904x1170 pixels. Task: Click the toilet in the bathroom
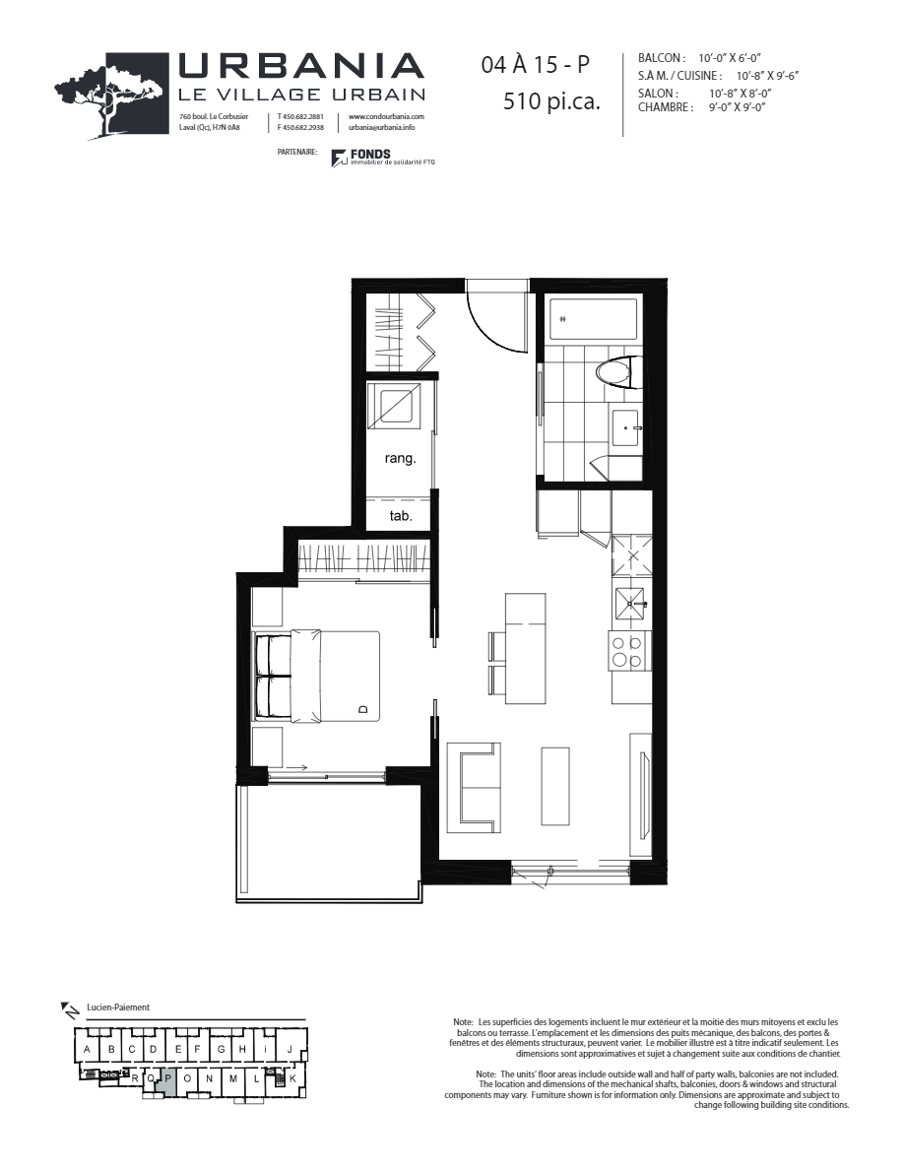pos(616,373)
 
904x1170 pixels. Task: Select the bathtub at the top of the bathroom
pos(593,320)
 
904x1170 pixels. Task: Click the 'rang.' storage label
pos(400,458)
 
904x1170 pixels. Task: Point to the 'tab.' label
pos(400,515)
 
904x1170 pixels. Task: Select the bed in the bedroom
pos(317,675)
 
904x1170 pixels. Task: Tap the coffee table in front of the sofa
pos(554,786)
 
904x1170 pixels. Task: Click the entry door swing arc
pos(496,320)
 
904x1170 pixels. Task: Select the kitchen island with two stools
pos(525,648)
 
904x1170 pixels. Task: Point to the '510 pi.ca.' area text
pos(550,100)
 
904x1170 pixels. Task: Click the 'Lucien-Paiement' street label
pos(117,1007)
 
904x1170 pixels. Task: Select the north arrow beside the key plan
pos(70,1008)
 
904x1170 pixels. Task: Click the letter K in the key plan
pos(292,1078)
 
